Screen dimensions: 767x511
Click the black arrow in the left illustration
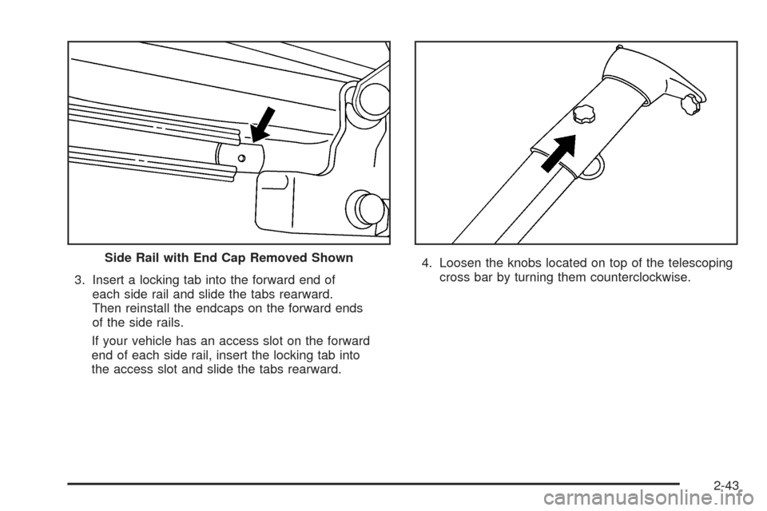(263, 122)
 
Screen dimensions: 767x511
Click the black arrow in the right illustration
(559, 153)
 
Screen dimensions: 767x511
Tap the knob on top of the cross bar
(585, 114)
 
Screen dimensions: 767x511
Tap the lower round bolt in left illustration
(370, 208)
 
